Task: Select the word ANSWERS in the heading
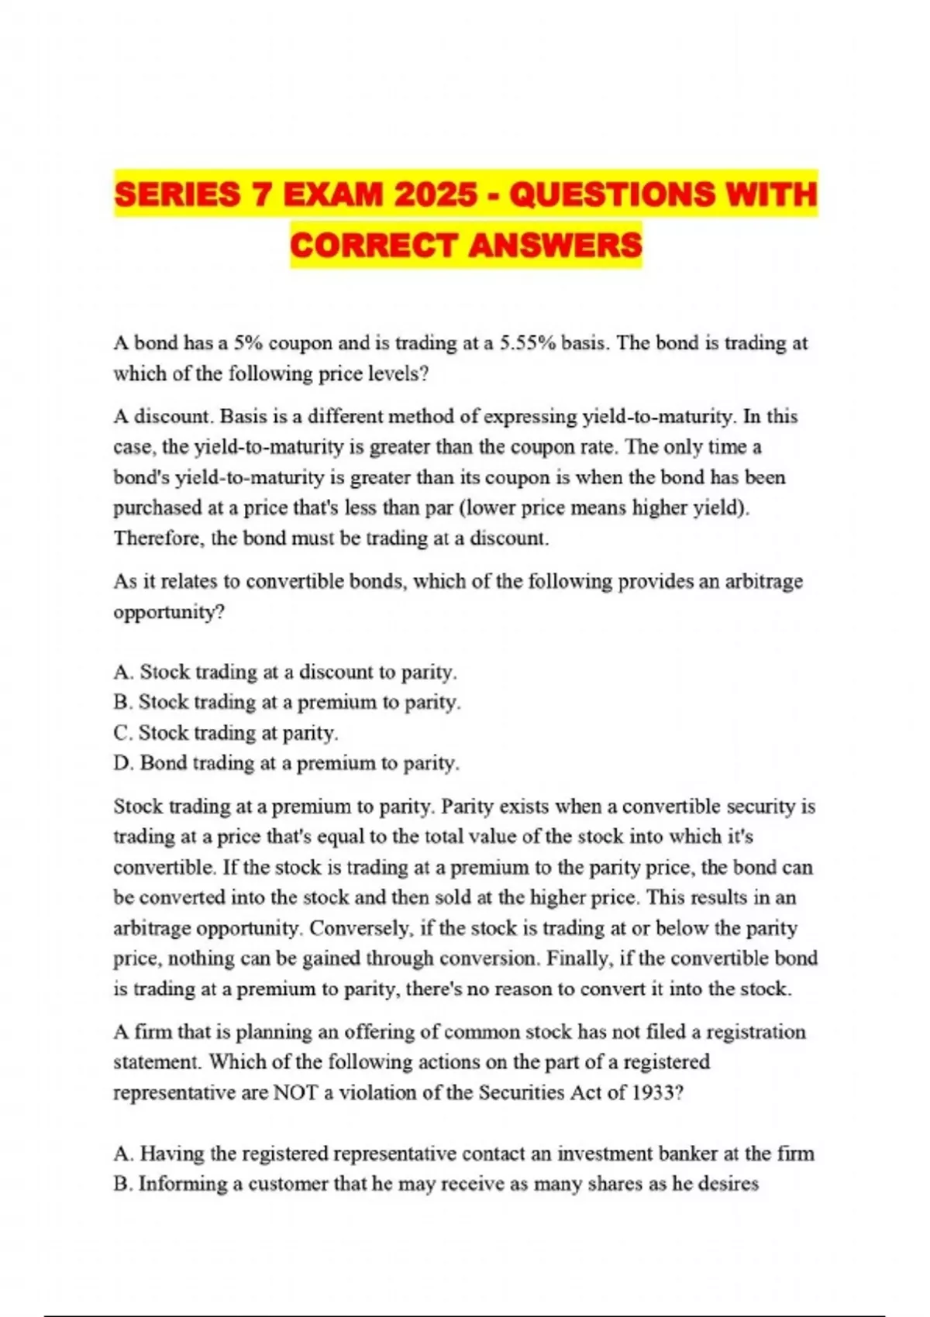pyautogui.click(x=555, y=246)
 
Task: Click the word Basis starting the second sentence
pyautogui.click(x=245, y=417)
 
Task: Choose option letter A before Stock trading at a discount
pyautogui.click(x=122, y=672)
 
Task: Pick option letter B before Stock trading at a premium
pyautogui.click(x=122, y=702)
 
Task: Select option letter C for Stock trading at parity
pyautogui.click(x=122, y=732)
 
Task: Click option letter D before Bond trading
pyautogui.click(x=122, y=763)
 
